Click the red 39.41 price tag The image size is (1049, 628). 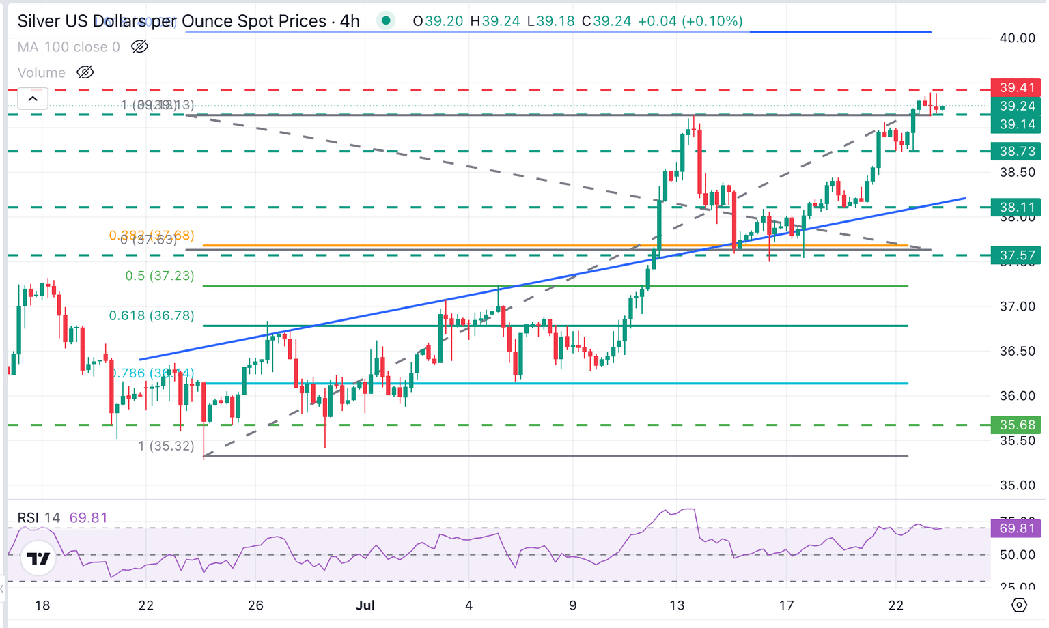click(1016, 87)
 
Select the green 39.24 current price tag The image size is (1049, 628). click(1016, 106)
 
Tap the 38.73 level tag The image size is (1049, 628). click(1016, 151)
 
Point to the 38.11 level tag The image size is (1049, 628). click(1016, 207)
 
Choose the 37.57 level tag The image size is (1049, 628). click(1016, 255)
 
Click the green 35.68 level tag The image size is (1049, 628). click(1016, 425)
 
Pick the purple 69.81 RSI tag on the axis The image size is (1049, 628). click(1016, 528)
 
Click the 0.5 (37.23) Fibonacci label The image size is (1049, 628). click(159, 276)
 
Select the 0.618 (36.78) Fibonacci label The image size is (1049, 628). click(151, 315)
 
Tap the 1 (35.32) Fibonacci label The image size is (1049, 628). click(166, 446)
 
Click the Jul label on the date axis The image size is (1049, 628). click(365, 605)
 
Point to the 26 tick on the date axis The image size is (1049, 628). click(255, 605)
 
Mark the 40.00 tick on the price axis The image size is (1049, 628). click(1017, 38)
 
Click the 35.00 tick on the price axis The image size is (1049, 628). click(1017, 485)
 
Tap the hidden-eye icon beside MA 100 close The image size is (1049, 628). click(139, 46)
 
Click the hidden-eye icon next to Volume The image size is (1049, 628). click(85, 72)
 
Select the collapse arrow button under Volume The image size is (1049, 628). click(33, 99)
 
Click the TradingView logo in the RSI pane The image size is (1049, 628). click(38, 558)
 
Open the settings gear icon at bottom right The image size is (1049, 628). click(1019, 605)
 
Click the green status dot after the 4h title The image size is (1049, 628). click(386, 21)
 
